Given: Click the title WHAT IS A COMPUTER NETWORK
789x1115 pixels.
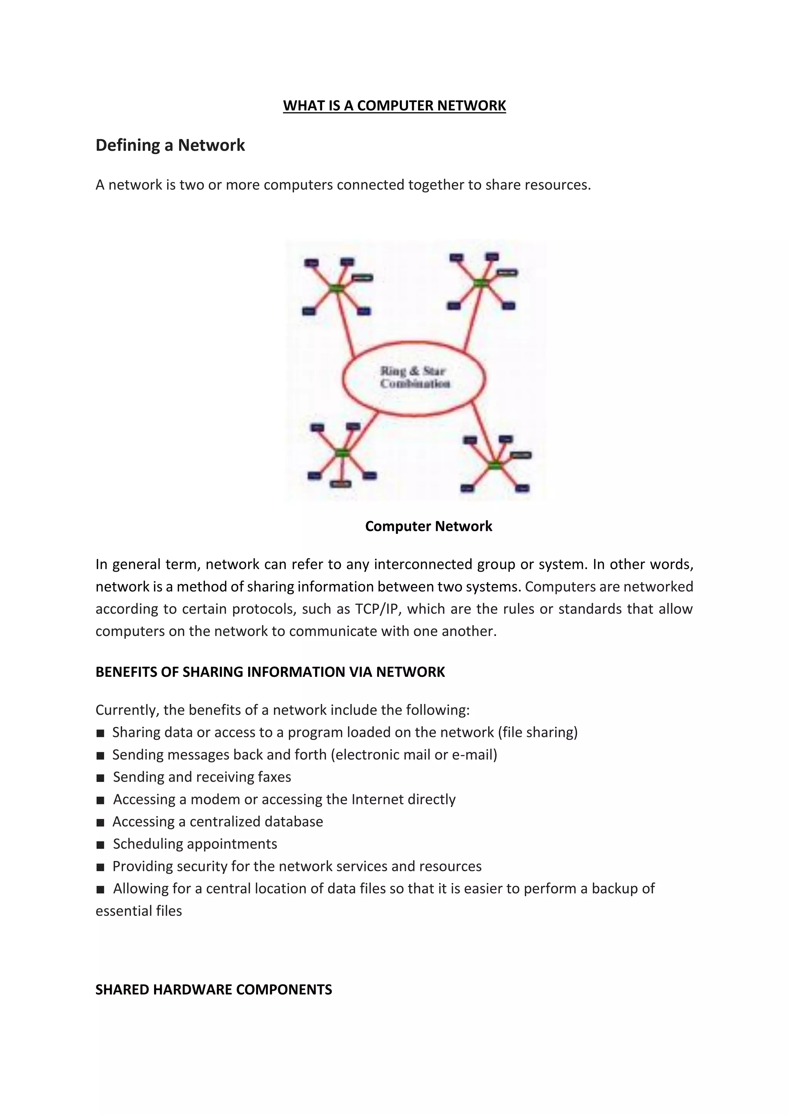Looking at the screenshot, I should pyautogui.click(x=394, y=105).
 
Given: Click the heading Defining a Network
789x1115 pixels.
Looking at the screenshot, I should pyautogui.click(x=170, y=145).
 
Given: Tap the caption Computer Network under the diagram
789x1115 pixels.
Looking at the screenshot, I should pyautogui.click(x=428, y=526).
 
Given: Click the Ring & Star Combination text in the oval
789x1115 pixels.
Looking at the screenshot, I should pyautogui.click(x=414, y=377).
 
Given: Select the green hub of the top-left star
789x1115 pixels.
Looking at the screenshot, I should pyautogui.click(x=336, y=288).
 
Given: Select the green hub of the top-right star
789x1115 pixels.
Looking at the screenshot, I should pyautogui.click(x=480, y=283).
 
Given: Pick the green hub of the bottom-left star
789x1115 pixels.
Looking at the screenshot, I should pyautogui.click(x=342, y=453).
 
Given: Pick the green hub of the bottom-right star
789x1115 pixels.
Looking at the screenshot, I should pyautogui.click(x=494, y=465).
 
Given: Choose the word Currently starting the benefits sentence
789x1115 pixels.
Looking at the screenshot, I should pyautogui.click(x=127, y=710).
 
